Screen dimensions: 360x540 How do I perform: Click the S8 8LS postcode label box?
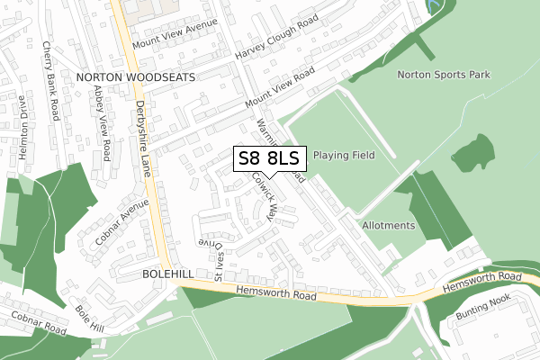click(x=271, y=158)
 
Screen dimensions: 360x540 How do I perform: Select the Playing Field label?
click(x=344, y=155)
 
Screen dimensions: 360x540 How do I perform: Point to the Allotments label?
click(x=389, y=225)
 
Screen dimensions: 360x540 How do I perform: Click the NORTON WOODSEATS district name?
click(x=136, y=78)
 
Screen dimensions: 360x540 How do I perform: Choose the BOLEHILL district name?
click(x=167, y=272)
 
